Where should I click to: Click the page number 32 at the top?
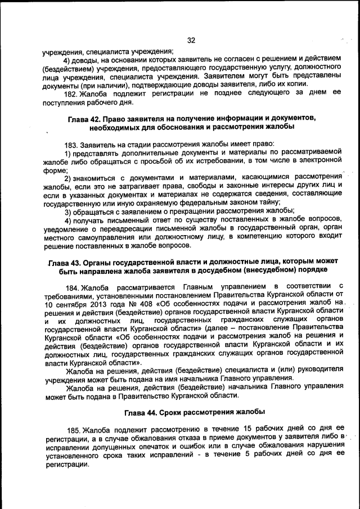coord(190,40)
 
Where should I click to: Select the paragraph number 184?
coord(73,288)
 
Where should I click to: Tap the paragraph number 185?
coord(73,429)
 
